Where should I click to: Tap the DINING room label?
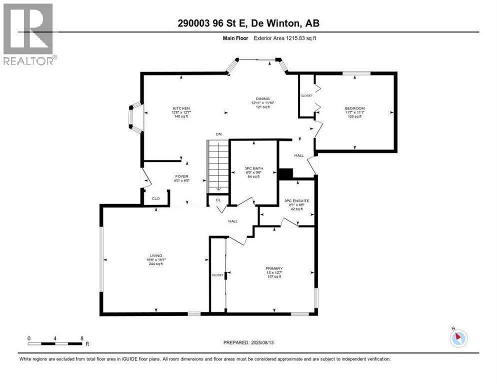pos(263,99)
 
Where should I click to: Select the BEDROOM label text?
pos(354,108)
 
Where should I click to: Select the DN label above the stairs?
pos(218,134)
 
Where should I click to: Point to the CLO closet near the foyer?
pos(155,198)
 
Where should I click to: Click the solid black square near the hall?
pos(285,173)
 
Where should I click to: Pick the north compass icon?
pos(458,338)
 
